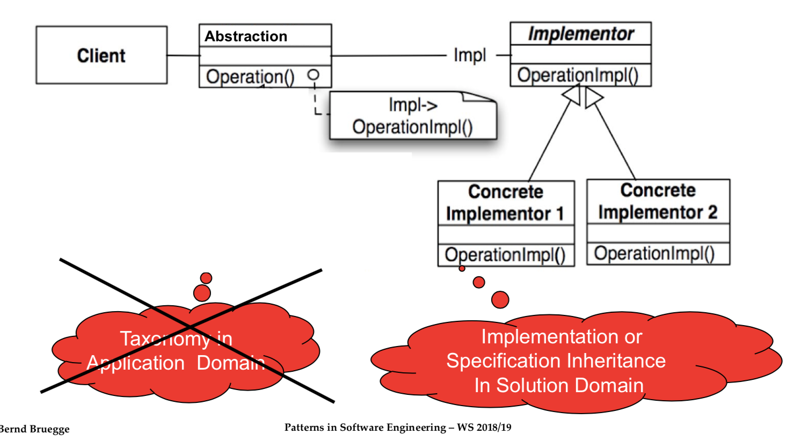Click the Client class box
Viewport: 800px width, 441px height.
point(101,55)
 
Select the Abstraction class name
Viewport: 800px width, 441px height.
point(246,36)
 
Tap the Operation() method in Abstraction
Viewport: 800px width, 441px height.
point(250,77)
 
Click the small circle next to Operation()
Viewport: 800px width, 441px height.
point(314,75)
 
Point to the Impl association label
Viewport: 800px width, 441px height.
point(470,55)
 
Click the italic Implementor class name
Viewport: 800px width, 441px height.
point(580,34)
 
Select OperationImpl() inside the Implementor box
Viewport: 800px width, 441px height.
point(578,75)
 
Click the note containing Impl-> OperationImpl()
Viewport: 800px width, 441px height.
point(412,116)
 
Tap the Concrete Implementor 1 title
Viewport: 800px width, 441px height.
point(505,203)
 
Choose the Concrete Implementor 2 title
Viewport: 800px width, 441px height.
point(658,201)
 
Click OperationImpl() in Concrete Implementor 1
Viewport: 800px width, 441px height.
point(505,254)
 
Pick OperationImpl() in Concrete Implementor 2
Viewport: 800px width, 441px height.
point(654,253)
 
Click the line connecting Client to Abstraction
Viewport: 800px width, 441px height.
point(183,55)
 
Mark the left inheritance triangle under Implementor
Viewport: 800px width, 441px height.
point(572,95)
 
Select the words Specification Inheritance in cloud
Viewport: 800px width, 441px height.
point(556,361)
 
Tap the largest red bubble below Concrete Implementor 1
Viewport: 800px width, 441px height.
point(500,299)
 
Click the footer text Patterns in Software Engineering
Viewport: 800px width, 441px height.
point(365,428)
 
